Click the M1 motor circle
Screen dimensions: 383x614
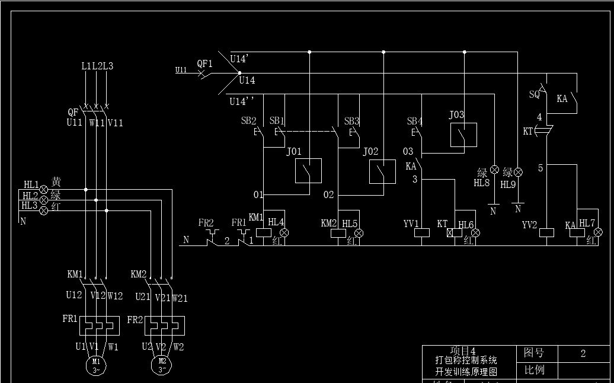pos(97,364)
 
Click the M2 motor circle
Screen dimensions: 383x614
pos(162,364)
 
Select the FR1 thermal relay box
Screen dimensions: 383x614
pos(96,325)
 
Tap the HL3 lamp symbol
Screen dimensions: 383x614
pos(43,210)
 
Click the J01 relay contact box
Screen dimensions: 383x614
pos(308,171)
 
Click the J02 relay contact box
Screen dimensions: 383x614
pos(382,172)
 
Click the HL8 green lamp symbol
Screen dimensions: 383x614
pos(494,170)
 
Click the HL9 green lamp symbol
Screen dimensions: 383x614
pos(518,172)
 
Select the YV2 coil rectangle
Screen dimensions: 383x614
pos(546,233)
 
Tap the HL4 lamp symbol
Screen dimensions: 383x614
pos(284,233)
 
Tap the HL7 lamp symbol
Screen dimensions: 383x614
pos(597,232)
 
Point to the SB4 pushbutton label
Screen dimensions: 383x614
pos(414,122)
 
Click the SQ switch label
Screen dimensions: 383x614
pos(535,94)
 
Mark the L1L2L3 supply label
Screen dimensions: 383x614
pos(97,66)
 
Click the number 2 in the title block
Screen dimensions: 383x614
pos(583,353)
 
